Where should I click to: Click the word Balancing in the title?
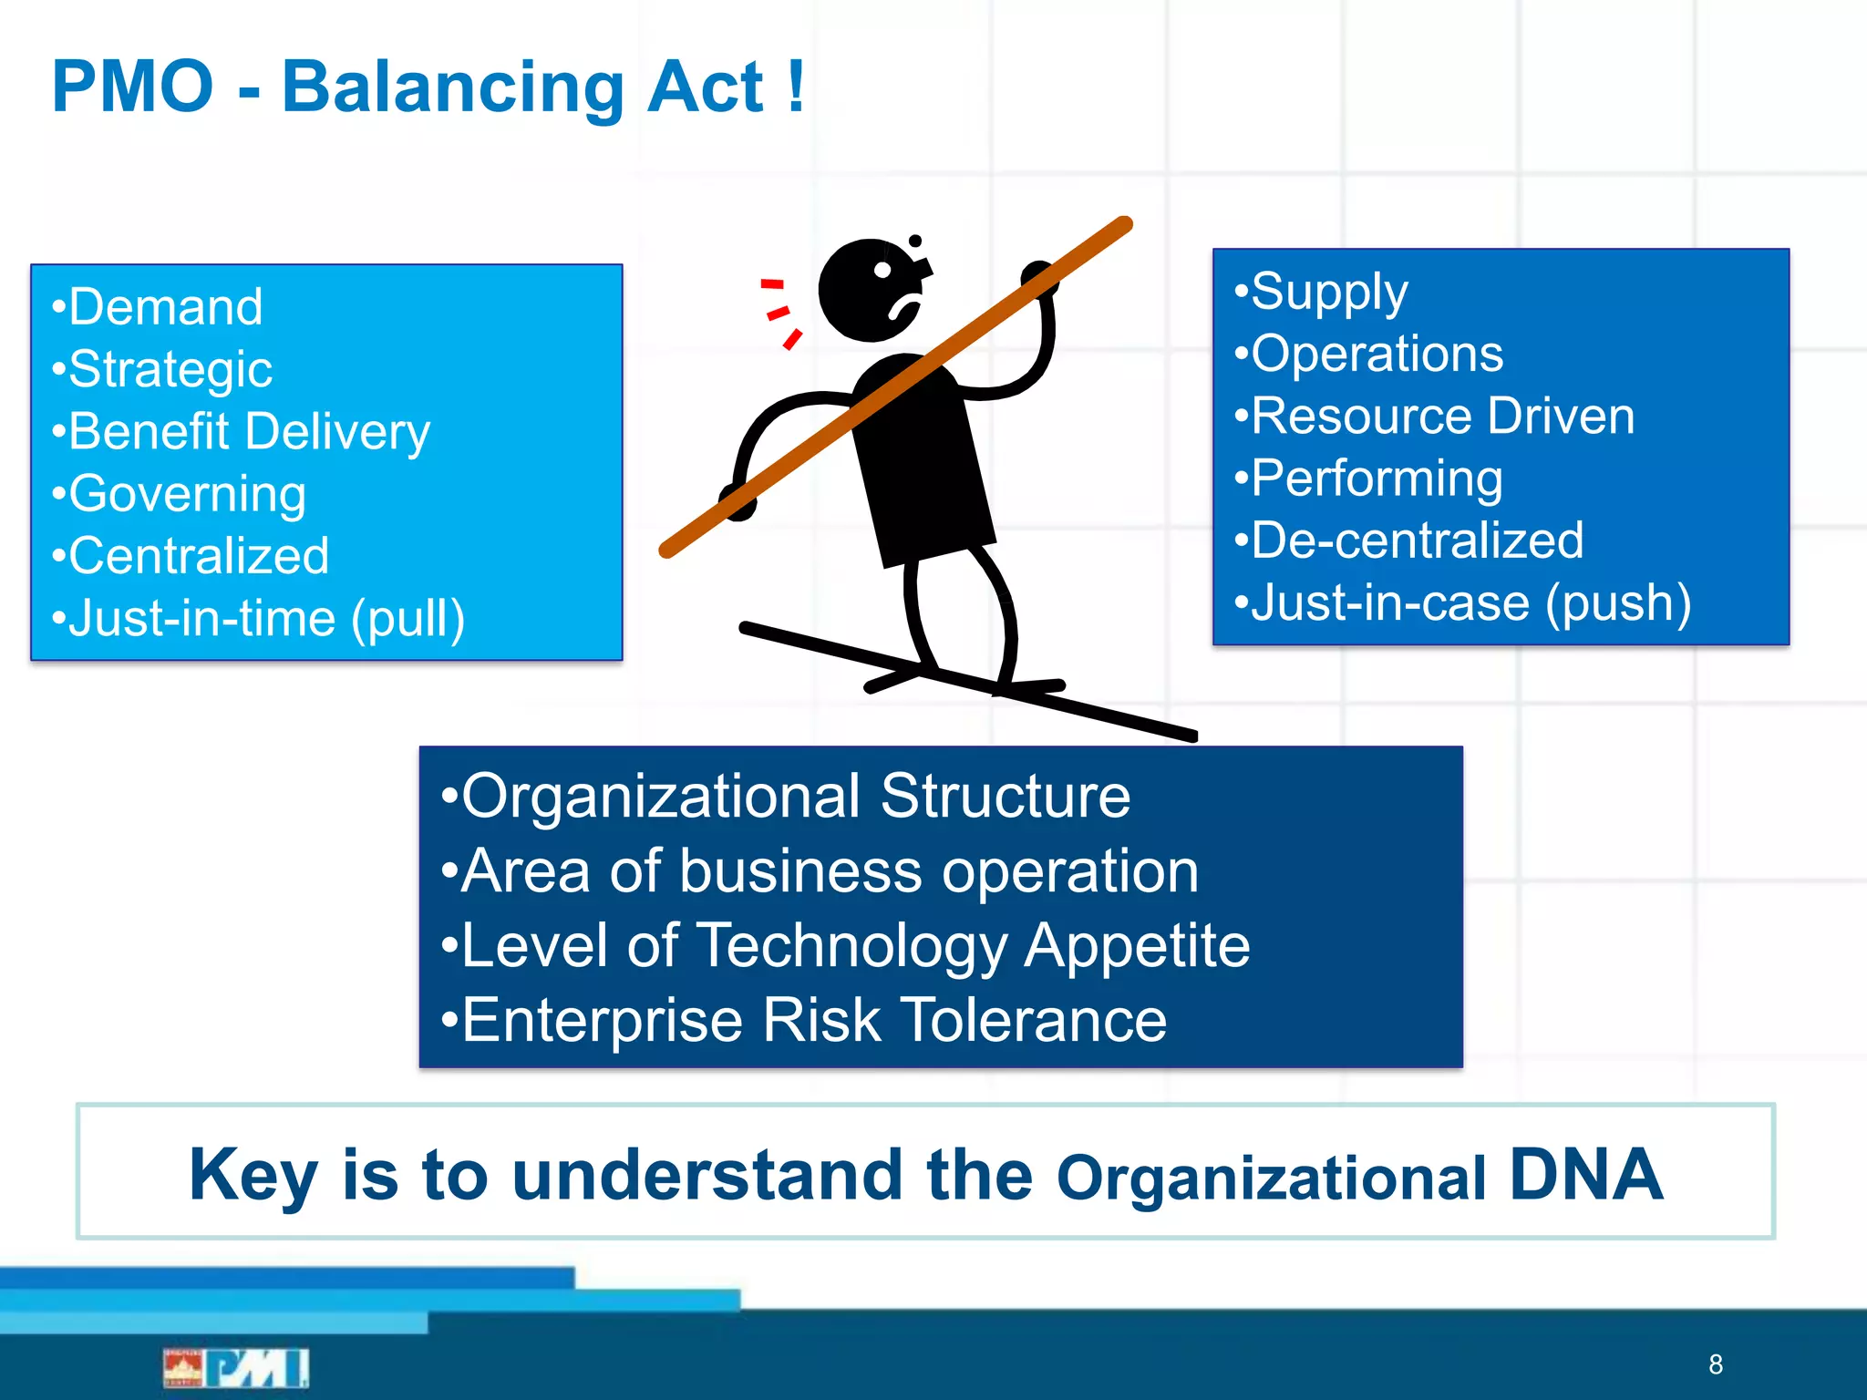[452, 88]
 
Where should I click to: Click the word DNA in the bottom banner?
[1585, 1175]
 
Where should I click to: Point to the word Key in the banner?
[253, 1176]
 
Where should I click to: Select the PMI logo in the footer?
[237, 1367]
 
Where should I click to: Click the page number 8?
[1716, 1364]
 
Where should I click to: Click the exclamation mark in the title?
[796, 87]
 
